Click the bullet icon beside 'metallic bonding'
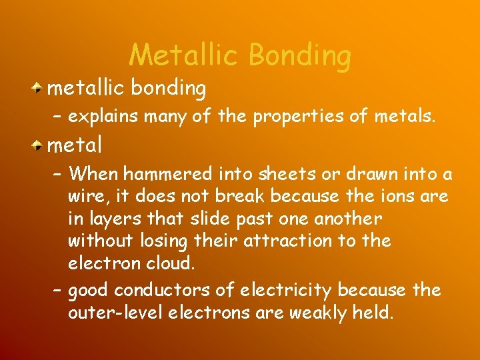pos(40,87)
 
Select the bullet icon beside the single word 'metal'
pos(40,143)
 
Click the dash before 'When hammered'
pos(57,175)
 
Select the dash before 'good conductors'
pos(57,291)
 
